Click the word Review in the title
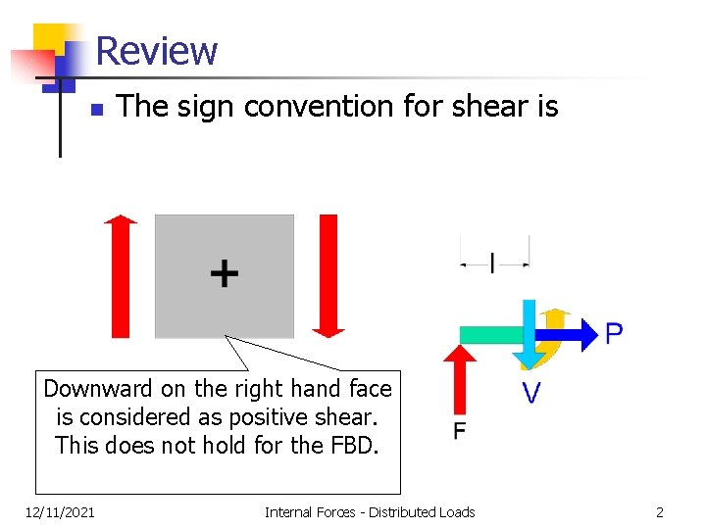157,50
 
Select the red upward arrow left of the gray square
121,277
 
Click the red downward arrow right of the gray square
328,275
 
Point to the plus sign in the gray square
225,273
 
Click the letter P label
614,335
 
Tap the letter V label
530,394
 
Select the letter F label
460,432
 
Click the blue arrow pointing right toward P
579,334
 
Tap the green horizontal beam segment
490,335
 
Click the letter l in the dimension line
493,263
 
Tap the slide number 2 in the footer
660,511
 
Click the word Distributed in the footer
404,511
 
